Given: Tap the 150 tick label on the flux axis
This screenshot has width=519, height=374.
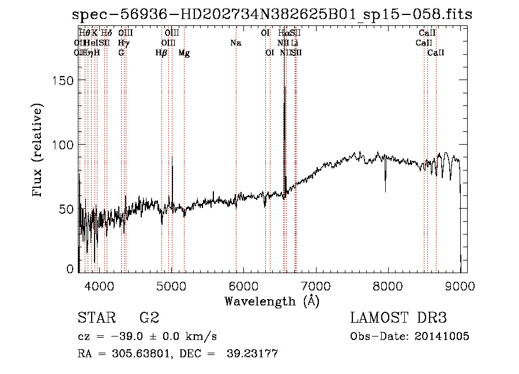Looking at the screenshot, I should coord(63,81).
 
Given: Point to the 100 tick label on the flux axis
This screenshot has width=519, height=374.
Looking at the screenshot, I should coord(63,144).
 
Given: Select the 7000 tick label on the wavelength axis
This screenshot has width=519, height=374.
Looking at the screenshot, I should coord(315,285).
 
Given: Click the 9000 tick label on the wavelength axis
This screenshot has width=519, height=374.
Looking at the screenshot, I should coord(460,285).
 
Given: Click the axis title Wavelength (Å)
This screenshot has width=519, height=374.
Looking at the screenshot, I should coord(272,301).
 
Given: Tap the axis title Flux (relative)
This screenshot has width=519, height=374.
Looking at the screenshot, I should coord(39,151).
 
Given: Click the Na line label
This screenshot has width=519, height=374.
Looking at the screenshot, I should coord(235,43).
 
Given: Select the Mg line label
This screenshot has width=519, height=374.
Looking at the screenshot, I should coord(184,53).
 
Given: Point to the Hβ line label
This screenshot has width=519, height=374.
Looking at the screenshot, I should coord(161,53).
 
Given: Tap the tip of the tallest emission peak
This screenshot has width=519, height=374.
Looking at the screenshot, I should coord(284,88).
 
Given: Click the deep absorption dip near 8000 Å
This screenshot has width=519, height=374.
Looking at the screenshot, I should coord(385,191).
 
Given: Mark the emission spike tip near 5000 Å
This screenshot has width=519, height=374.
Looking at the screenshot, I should coord(172,156).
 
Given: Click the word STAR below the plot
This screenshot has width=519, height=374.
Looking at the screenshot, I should coord(96,318).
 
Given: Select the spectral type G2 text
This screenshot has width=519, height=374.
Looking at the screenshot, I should coord(149,318).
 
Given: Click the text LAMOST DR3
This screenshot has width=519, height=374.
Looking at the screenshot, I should coord(398,318).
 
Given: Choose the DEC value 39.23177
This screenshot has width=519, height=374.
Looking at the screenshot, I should coord(253,354).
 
